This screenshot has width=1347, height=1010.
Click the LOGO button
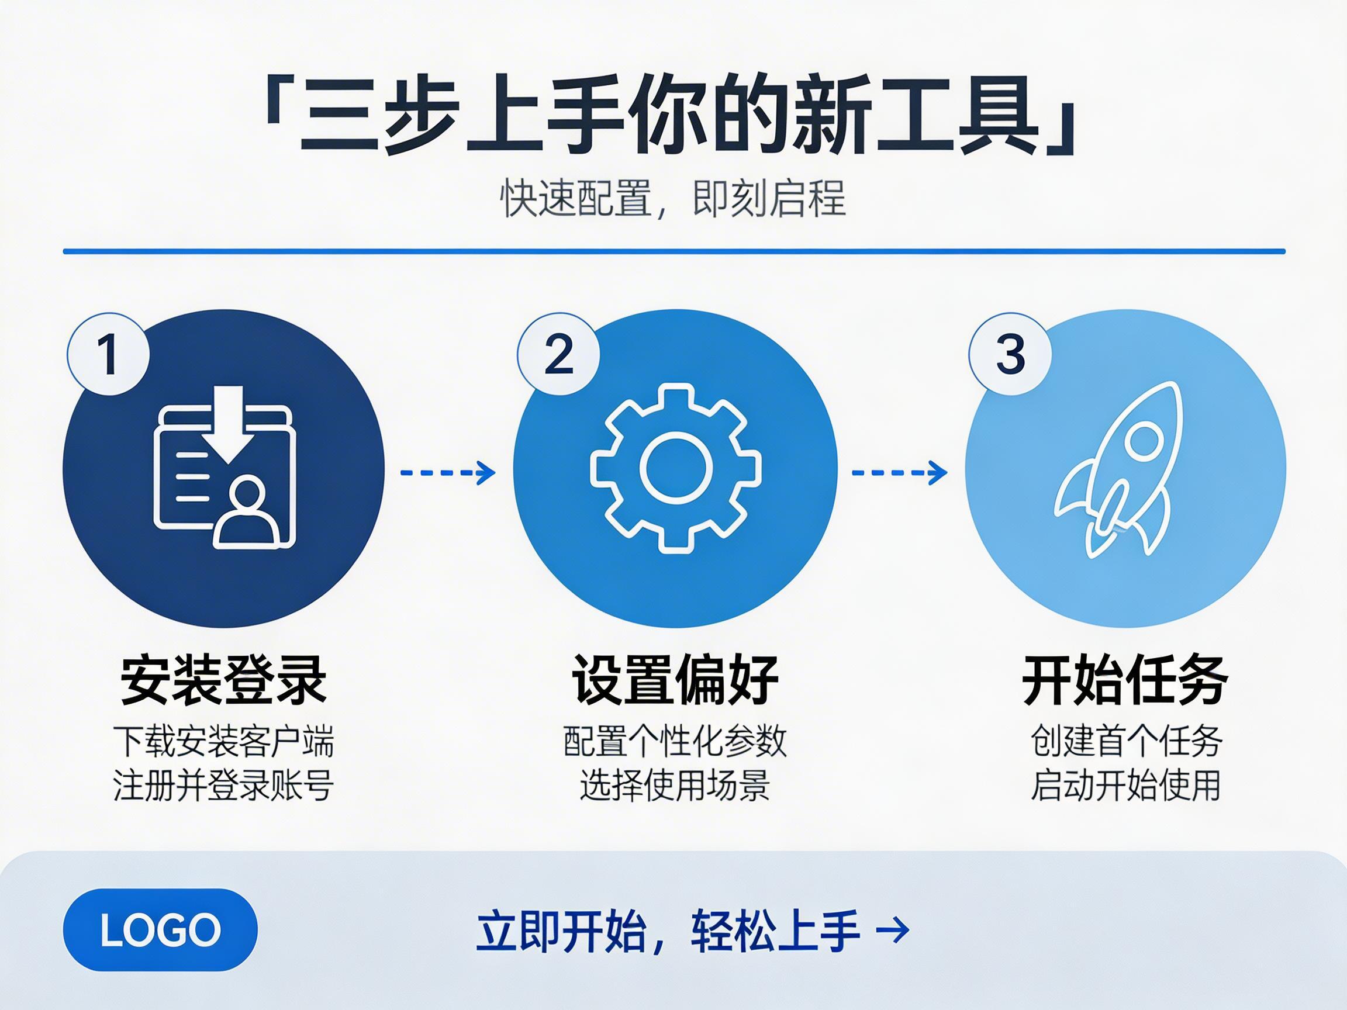pyautogui.click(x=160, y=930)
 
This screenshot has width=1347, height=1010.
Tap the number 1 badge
pyautogui.click(x=108, y=354)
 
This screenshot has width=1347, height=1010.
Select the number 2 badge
pyautogui.click(x=558, y=354)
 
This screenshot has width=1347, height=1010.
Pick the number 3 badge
pyautogui.click(x=1010, y=354)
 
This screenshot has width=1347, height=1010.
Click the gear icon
pyautogui.click(x=675, y=468)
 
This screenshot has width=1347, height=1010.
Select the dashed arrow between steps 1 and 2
pyautogui.click(x=448, y=472)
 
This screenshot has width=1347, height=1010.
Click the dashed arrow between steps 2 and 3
pyautogui.click(x=899, y=472)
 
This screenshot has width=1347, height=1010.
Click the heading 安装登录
pyautogui.click(x=223, y=680)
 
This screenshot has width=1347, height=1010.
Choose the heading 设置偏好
pyautogui.click(x=675, y=680)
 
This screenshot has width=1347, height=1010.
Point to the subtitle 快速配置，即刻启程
pyautogui.click(x=673, y=198)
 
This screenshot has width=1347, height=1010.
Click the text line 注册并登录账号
pyautogui.click(x=223, y=786)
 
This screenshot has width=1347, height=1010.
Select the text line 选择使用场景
pyautogui.click(x=675, y=786)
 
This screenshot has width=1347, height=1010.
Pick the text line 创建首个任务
pyautogui.click(x=1125, y=742)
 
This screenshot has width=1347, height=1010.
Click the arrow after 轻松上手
pyautogui.click(x=892, y=930)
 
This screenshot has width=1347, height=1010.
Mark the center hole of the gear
pyautogui.click(x=675, y=468)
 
